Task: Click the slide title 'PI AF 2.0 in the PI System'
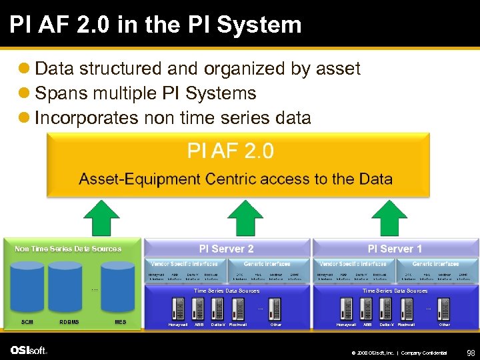click(x=155, y=25)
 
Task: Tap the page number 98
click(x=470, y=352)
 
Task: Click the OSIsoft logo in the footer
click(x=28, y=351)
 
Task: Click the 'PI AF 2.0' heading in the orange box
click(x=230, y=151)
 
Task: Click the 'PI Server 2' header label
click(x=227, y=249)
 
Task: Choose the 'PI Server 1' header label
click(x=395, y=249)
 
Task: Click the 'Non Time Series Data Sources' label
click(x=68, y=249)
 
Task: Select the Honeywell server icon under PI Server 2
click(x=178, y=308)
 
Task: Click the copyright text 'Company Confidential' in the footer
click(x=424, y=353)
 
